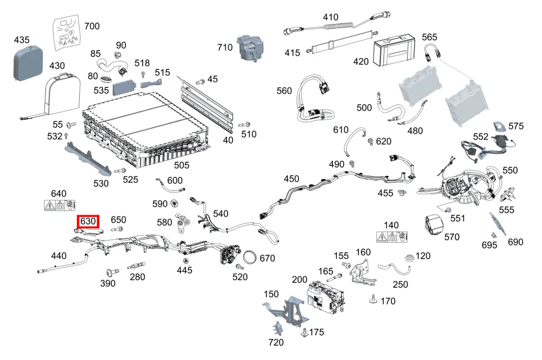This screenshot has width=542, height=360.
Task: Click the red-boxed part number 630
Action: [88, 221]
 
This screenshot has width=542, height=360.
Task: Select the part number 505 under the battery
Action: [182, 165]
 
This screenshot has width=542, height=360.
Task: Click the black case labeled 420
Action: [394, 50]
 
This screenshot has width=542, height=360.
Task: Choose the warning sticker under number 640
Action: [60, 205]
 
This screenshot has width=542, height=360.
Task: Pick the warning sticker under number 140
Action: [392, 237]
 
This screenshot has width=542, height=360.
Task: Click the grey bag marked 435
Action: [28, 63]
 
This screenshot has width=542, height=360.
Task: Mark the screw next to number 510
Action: [244, 125]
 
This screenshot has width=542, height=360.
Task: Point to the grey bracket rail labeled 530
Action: [88, 158]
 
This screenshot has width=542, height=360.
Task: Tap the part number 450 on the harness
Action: [292, 179]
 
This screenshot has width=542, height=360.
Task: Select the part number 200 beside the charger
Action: [299, 279]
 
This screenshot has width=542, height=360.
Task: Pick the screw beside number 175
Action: [305, 333]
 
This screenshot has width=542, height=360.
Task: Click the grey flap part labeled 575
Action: [499, 126]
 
